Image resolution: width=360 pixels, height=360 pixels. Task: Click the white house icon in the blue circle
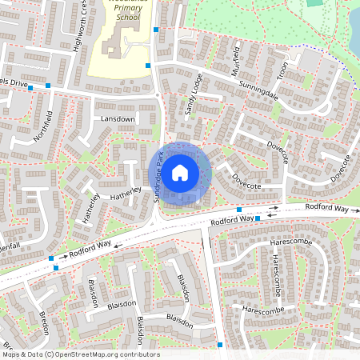(x=180, y=171)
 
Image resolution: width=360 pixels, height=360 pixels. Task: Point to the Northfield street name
(x=42, y=126)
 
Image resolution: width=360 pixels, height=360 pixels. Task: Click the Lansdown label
(x=118, y=118)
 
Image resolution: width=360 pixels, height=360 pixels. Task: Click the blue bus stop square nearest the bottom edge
(x=220, y=345)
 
